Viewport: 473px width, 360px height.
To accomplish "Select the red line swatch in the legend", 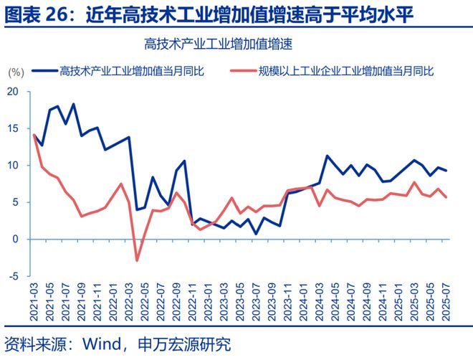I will [x=243, y=70].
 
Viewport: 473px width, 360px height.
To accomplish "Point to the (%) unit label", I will [x=16, y=71].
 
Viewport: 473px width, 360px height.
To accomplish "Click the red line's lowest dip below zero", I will [x=137, y=260].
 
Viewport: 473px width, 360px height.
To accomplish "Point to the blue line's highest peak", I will [x=74, y=104].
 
